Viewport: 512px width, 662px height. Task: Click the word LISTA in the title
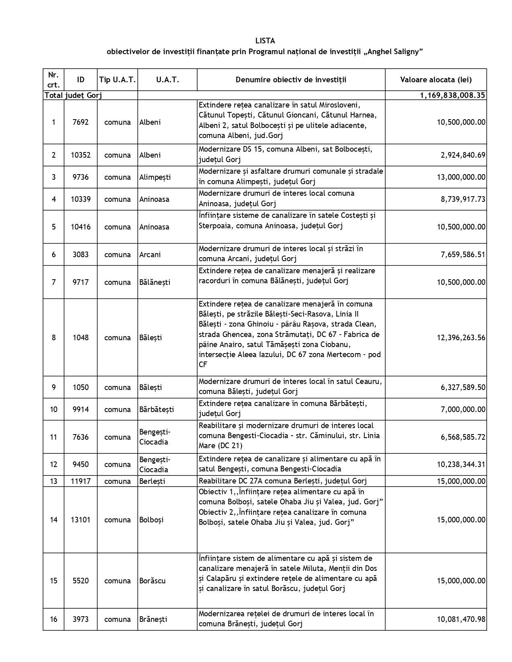click(x=265, y=41)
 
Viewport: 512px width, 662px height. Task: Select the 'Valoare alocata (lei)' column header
click(x=436, y=79)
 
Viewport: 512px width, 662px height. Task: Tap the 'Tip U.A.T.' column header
click(x=117, y=79)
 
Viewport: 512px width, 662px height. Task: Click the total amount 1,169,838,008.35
click(x=452, y=95)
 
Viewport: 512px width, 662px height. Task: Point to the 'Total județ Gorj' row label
click(x=73, y=95)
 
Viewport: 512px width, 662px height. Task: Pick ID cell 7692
click(x=80, y=122)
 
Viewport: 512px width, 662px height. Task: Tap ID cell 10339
click(x=80, y=199)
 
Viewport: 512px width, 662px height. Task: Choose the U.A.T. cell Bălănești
click(x=155, y=282)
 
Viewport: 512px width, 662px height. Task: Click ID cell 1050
click(x=80, y=388)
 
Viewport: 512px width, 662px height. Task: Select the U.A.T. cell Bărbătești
click(x=157, y=410)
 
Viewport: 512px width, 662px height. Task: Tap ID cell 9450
click(x=80, y=465)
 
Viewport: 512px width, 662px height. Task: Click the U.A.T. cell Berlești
click(x=152, y=481)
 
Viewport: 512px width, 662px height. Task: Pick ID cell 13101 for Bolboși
click(x=80, y=520)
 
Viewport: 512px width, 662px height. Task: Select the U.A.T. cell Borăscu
click(x=152, y=581)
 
